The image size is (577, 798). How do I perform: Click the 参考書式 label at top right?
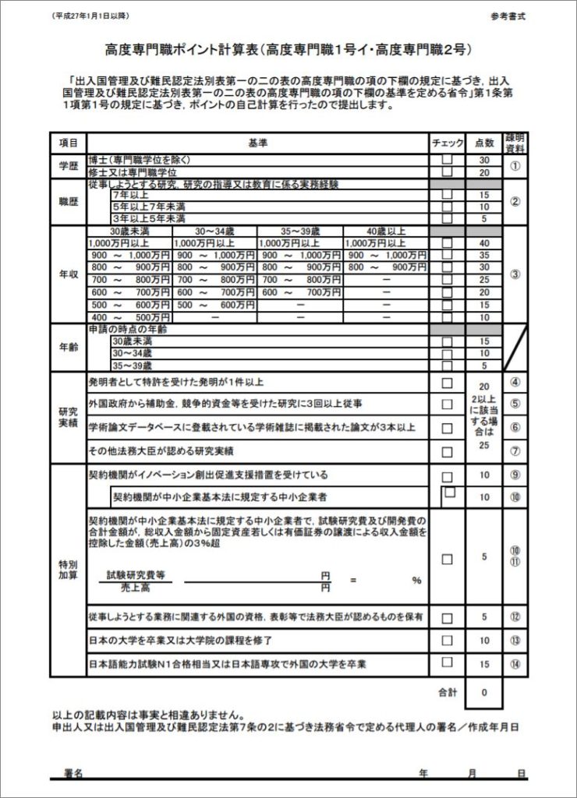pos(509,16)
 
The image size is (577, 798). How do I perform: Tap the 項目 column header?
pos(68,143)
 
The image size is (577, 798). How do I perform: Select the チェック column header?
pos(447,143)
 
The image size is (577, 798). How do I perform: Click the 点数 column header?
pos(484,143)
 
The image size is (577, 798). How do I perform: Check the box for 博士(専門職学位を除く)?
pos(447,160)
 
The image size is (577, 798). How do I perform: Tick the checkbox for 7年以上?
pos(447,195)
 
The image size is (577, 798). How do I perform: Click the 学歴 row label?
pos(68,165)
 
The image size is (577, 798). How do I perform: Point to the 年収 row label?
pos(68,275)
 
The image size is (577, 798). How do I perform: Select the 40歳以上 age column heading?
pos(385,231)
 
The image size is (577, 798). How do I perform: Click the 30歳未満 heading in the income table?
pos(129,231)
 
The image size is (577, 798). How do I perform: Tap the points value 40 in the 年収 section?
pos(484,243)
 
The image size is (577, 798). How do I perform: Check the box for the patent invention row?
pos(447,383)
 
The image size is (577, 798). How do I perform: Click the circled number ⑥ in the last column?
pos(515,428)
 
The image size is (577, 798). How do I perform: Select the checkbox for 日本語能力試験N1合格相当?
pos(447,663)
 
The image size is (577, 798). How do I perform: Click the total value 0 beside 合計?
pos(484,691)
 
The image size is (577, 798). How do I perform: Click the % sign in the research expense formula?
pos(416,581)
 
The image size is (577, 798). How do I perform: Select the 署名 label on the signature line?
pos(73,773)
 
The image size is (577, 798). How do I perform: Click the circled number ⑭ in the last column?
pos(515,664)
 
